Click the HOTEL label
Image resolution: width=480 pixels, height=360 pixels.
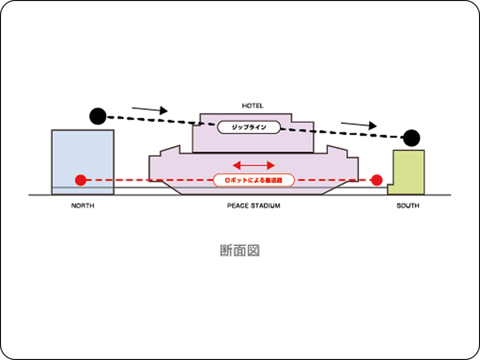(x=253, y=105)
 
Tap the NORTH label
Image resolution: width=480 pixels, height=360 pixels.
(x=83, y=206)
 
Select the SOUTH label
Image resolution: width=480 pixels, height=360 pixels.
(x=408, y=206)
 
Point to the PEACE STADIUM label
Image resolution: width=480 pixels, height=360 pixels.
(x=253, y=206)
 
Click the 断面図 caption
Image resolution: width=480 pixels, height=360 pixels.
(x=240, y=250)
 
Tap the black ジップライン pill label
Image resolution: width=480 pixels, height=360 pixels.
(x=249, y=127)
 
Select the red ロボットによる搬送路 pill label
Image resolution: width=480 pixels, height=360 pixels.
(x=253, y=180)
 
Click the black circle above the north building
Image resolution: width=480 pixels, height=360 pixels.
(x=97, y=116)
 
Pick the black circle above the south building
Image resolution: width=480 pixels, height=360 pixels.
(x=411, y=138)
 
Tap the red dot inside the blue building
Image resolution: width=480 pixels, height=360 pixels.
(x=81, y=180)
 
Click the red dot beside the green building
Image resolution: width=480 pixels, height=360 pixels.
(x=377, y=180)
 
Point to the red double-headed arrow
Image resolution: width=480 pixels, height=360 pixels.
(x=253, y=166)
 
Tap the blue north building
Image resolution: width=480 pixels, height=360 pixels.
(x=83, y=154)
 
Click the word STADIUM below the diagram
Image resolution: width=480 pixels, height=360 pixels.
(x=264, y=206)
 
